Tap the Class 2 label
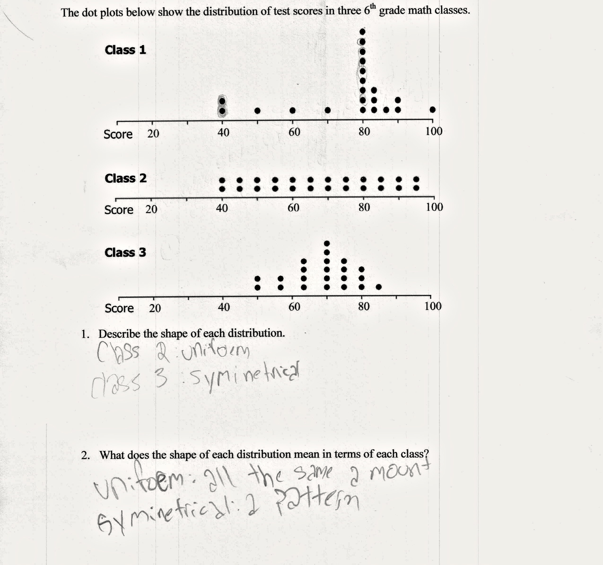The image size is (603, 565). click(126, 178)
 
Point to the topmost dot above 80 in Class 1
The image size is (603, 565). click(363, 31)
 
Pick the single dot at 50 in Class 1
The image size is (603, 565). click(257, 110)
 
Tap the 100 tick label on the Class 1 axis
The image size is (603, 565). click(434, 131)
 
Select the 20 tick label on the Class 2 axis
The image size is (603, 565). click(151, 209)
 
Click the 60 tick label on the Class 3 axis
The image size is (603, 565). click(294, 307)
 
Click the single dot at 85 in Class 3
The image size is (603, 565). click(379, 287)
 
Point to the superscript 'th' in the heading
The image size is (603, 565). click(372, 6)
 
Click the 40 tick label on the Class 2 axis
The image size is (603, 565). click(222, 208)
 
